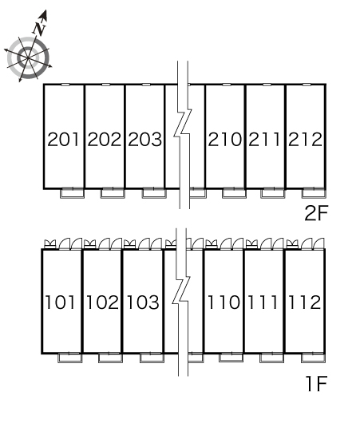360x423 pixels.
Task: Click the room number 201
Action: tap(63, 139)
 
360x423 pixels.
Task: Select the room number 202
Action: tap(105, 139)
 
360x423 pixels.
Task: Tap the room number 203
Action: tap(145, 139)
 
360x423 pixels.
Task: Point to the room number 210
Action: tap(225, 139)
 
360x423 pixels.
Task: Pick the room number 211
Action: tap(264, 139)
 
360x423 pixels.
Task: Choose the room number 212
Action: tap(305, 139)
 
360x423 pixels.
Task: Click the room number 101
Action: tap(60, 302)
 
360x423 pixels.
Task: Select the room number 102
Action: tap(102, 302)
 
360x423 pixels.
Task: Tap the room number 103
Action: tap(143, 302)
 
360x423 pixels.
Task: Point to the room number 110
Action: tap(224, 302)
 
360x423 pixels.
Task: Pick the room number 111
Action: tap(263, 302)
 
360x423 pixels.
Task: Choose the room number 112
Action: tap(305, 302)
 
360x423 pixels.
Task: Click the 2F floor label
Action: tap(316, 213)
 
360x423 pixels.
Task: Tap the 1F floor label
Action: tap(317, 384)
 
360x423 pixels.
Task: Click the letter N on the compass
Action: tap(40, 29)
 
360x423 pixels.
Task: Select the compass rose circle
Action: tap(28, 57)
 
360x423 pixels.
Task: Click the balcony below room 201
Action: tap(72, 193)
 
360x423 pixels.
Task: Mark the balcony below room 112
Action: tap(313, 358)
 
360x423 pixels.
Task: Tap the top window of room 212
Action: tap(307, 85)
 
